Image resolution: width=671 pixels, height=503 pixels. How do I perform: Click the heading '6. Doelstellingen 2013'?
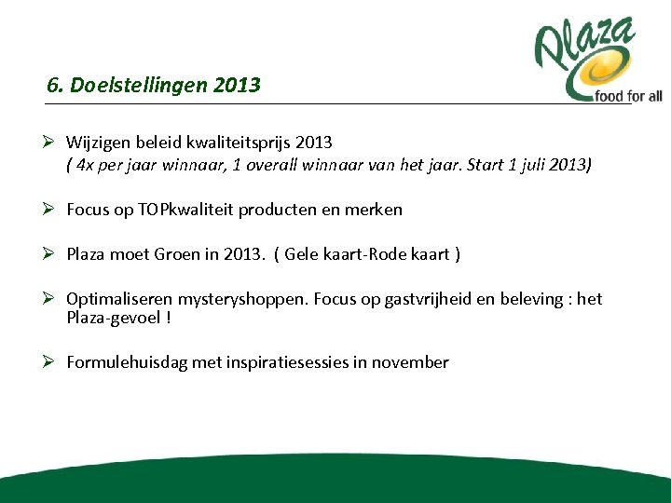tap(154, 86)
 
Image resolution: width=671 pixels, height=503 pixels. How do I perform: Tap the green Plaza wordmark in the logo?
tap(584, 48)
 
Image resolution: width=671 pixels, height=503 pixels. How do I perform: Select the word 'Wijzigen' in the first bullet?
tap(99, 143)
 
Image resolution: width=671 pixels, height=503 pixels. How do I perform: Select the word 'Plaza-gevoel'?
tap(113, 318)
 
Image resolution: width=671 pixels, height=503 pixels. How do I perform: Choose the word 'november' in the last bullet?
tap(410, 362)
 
